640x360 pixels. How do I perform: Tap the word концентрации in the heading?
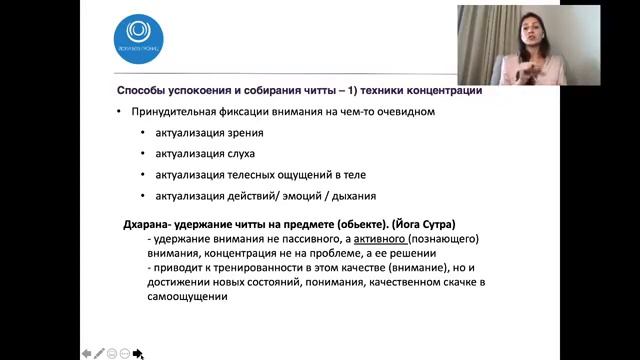443,91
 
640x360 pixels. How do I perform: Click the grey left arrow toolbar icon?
86,352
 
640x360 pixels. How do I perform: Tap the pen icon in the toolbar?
99,352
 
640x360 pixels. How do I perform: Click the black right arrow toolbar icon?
138,352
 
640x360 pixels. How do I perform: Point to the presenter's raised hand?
523,66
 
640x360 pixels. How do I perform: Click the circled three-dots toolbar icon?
125,352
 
